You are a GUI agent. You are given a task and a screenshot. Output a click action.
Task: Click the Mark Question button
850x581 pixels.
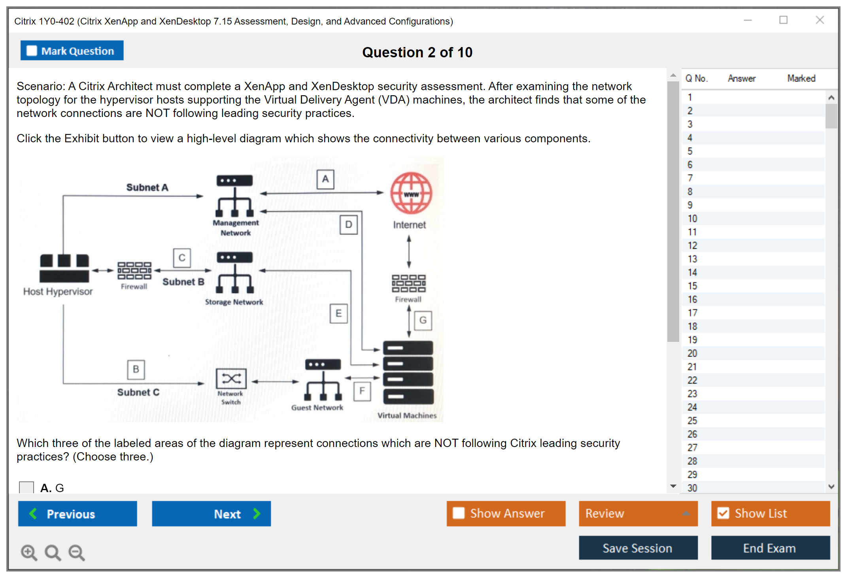click(x=72, y=51)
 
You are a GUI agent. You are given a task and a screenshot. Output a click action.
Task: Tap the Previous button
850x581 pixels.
click(x=77, y=513)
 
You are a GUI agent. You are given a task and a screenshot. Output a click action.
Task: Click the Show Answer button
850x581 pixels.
click(x=506, y=513)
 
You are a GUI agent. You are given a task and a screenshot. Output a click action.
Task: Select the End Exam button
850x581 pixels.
click(x=770, y=548)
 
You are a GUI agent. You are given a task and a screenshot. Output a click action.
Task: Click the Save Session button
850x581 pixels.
click(x=638, y=548)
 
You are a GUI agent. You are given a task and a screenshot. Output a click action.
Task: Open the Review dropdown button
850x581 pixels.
click(x=638, y=513)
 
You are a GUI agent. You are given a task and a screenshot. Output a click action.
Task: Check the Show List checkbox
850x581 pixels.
click(x=723, y=513)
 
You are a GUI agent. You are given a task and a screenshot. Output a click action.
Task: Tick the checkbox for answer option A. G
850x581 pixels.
click(x=26, y=488)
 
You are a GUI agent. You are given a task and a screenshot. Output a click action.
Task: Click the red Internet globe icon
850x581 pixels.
click(x=411, y=193)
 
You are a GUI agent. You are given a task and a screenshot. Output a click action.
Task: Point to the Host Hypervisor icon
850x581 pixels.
click(x=64, y=268)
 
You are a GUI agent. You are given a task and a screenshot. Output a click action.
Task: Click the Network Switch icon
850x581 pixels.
click(x=231, y=379)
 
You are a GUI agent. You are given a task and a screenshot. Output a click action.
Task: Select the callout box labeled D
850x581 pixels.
click(x=349, y=224)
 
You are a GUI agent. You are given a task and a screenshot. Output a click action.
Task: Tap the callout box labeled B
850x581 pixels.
click(x=136, y=369)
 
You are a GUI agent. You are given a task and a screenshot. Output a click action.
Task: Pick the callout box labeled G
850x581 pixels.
click(x=423, y=320)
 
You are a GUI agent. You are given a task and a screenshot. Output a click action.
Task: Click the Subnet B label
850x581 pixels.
click(x=183, y=282)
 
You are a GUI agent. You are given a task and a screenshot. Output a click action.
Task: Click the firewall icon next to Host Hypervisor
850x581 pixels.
click(x=134, y=271)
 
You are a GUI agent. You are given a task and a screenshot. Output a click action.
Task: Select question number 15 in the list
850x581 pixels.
click(x=692, y=286)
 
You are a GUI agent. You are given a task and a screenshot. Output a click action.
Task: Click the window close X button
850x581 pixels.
click(x=820, y=20)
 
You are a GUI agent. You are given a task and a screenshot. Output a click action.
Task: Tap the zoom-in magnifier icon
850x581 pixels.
click(x=29, y=552)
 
